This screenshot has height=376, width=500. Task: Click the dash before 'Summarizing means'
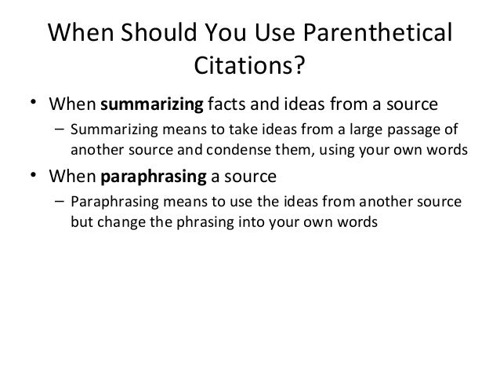60,130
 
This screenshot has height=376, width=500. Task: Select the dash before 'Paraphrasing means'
60,203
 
